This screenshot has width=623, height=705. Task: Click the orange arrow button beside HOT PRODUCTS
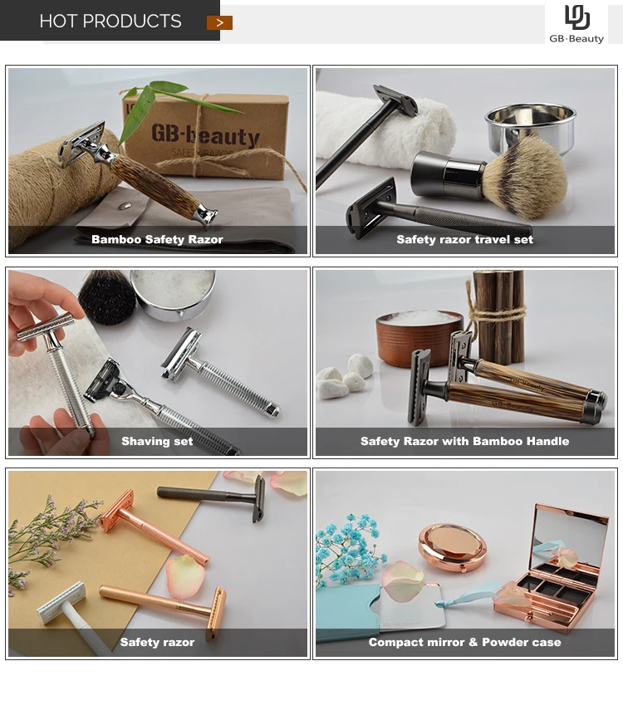coord(219,22)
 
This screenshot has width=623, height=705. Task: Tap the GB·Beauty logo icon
coord(577,17)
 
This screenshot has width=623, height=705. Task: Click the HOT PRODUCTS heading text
coord(110,21)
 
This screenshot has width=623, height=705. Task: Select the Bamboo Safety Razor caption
coord(158,239)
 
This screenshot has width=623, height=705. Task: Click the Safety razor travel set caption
coord(464,239)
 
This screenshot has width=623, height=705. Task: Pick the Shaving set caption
coord(157,441)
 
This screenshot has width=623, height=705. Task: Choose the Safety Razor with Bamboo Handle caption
coord(464,441)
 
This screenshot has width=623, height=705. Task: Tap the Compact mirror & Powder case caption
coord(464,642)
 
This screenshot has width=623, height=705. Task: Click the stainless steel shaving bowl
coord(531,126)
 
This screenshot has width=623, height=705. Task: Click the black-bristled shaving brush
coord(107,296)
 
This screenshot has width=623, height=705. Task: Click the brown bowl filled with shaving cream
coord(419,336)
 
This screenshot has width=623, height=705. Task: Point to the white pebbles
coord(345,376)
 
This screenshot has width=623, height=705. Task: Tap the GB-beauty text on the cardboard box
coord(205,135)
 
